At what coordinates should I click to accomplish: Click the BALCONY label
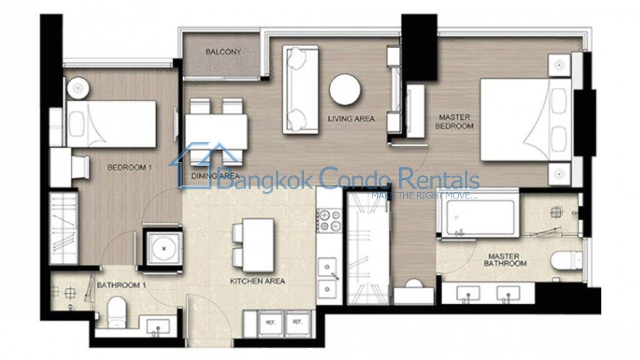point(223,52)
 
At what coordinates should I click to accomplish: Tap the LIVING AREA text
point(351,118)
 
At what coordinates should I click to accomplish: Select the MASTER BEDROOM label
point(454,121)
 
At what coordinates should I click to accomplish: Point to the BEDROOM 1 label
point(130,167)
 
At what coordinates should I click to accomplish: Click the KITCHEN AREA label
point(257,281)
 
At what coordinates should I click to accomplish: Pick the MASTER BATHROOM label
point(505,260)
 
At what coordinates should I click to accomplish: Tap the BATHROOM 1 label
point(122,285)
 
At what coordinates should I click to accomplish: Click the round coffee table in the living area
point(345,90)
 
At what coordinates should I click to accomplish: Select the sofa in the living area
point(301,90)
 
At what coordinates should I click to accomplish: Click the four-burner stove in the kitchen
point(329,220)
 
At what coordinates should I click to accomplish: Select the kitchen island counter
point(258,245)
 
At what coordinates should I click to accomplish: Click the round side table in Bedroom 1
point(78,88)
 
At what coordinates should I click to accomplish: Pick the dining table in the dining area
point(216,132)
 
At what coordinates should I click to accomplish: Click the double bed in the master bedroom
point(526,119)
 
